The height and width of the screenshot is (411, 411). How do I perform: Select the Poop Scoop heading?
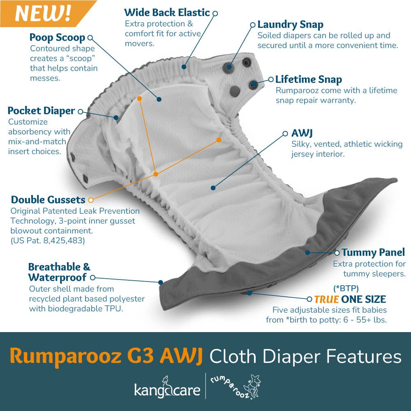click(57, 38)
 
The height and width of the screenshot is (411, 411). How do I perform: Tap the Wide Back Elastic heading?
click(167, 13)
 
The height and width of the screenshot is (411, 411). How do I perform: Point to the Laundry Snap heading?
click(290, 24)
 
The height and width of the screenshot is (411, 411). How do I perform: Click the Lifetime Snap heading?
click(308, 79)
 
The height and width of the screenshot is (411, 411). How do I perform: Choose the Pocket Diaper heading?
click(41, 111)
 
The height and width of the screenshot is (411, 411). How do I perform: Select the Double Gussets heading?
click(48, 200)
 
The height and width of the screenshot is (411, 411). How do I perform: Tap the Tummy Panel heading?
click(373, 252)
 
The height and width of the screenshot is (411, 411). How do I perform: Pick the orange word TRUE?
click(327, 299)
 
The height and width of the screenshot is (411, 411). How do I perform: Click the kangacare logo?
click(167, 388)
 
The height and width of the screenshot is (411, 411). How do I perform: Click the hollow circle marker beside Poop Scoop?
click(90, 38)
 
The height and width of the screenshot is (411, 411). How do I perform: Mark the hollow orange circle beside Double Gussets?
click(91, 200)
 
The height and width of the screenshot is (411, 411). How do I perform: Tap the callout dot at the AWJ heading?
click(285, 134)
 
